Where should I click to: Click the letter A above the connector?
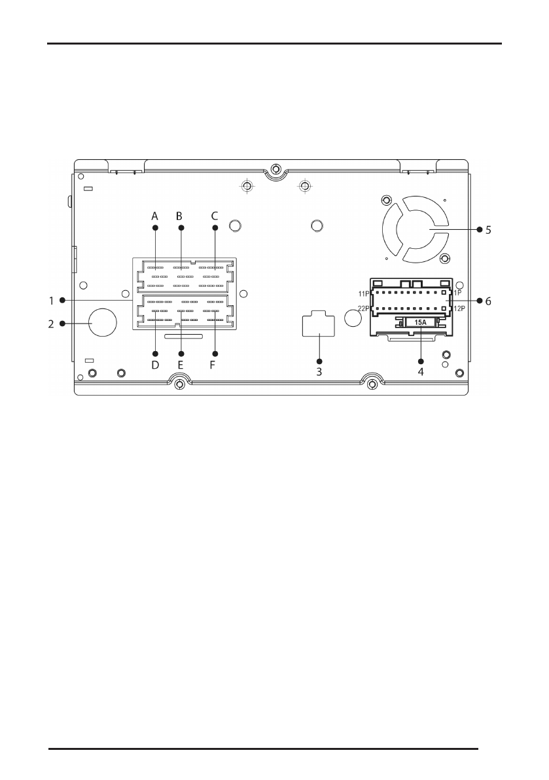coord(154,216)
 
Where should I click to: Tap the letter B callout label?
coord(179,216)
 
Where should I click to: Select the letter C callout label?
coord(215,216)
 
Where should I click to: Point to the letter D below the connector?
coord(156,365)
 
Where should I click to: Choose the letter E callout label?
coord(181,365)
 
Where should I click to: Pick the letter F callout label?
coord(212,365)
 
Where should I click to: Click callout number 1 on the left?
coord(51,301)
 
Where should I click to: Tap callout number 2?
coord(51,324)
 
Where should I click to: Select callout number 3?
coord(319,371)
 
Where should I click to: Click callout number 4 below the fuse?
coord(421,371)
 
